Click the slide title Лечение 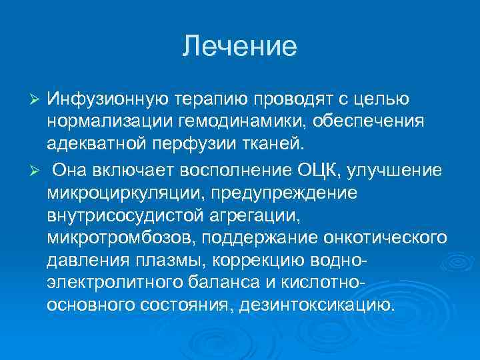tap(240, 46)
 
